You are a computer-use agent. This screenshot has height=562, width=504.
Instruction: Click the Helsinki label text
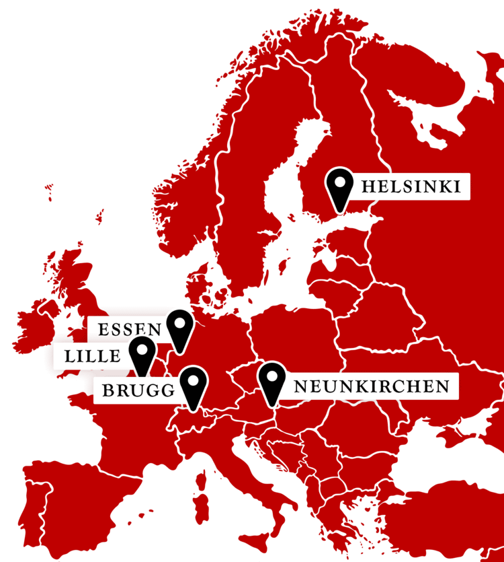point(410,186)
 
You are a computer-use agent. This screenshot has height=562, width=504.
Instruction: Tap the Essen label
point(130,330)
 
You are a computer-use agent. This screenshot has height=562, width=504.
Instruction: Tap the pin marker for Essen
point(179,328)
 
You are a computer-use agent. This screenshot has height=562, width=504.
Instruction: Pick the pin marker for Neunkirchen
point(271,382)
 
